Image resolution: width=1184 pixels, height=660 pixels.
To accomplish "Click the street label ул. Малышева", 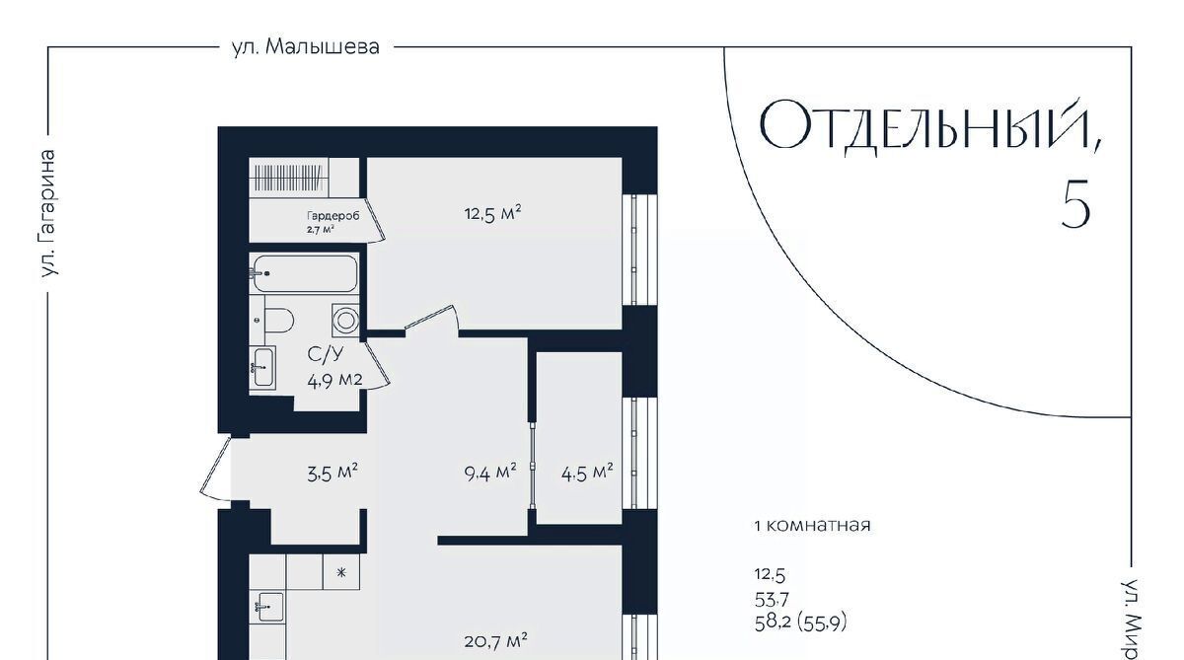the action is [306, 47].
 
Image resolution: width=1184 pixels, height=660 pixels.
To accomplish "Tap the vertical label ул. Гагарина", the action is [48, 213].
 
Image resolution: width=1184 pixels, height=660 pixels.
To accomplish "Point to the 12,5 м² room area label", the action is [492, 213].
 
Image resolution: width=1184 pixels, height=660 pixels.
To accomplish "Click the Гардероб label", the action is [333, 216].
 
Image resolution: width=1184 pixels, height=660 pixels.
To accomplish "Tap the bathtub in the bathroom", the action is [304, 273].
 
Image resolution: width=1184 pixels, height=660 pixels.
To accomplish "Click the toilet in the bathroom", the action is [278, 321].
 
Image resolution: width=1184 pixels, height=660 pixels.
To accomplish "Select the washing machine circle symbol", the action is [345, 320].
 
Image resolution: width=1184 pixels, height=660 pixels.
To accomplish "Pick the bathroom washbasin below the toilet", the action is [262, 367].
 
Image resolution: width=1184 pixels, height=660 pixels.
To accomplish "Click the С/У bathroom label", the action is [326, 354].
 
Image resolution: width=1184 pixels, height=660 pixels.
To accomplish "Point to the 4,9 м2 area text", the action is [334, 381].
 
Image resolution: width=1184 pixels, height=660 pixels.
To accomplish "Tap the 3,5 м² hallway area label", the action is [333, 473].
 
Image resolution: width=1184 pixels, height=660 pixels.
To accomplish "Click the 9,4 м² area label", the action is [490, 473].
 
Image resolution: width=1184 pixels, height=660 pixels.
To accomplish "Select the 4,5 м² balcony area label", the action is [587, 473].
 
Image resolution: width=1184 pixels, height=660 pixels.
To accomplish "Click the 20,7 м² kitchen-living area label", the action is [495, 641].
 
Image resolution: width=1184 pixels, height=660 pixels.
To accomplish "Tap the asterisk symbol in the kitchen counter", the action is [341, 572].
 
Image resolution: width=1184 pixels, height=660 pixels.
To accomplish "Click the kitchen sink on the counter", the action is [269, 607].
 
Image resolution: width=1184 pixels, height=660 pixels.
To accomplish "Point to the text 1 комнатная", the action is [812, 525].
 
